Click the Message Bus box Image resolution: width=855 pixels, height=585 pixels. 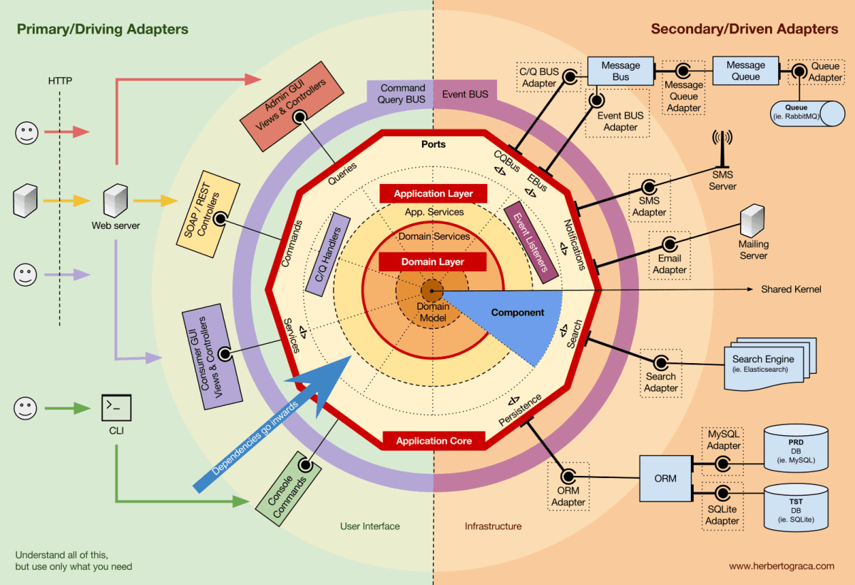coord(620,71)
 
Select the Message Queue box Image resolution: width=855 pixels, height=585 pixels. coord(745,71)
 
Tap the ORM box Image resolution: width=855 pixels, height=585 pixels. coord(665,478)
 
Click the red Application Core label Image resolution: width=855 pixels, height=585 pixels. coord(434,441)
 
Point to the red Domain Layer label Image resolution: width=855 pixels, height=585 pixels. coord(432,262)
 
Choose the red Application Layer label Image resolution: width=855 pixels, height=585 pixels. coord(433,193)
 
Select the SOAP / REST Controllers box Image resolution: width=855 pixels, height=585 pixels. coord(212,213)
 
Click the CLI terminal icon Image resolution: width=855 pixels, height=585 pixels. coord(116,407)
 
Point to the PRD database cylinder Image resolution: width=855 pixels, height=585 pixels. coord(796,452)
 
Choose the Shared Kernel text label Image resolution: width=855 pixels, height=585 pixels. coord(791,289)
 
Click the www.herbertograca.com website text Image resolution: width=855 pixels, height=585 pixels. coord(781,566)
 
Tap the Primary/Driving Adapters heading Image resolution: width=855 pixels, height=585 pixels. coord(103,29)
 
